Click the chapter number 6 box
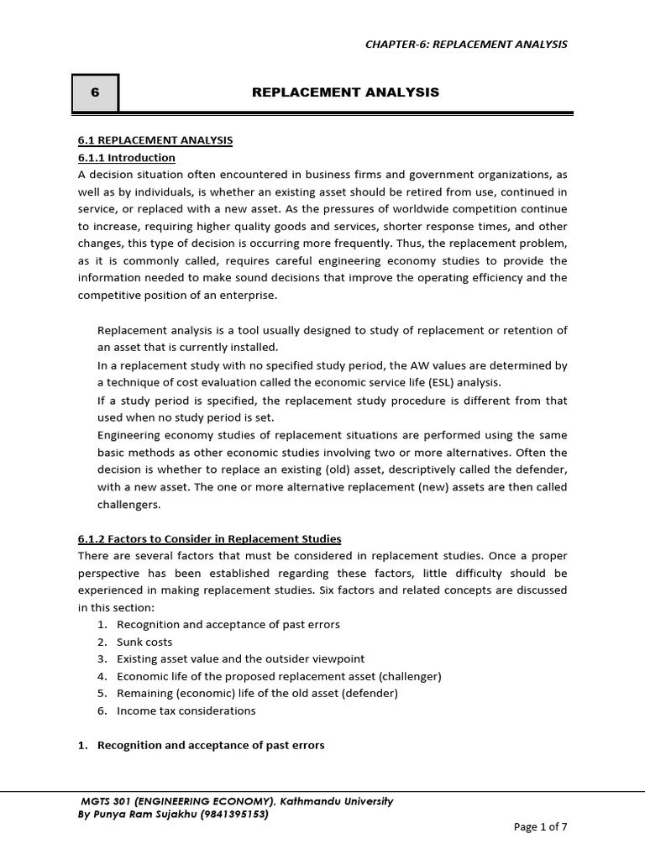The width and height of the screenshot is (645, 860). pyautogui.click(x=95, y=93)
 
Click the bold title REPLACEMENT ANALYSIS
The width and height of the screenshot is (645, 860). pyautogui.click(x=345, y=92)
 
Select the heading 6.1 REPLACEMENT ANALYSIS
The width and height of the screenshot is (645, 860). pyautogui.click(x=155, y=140)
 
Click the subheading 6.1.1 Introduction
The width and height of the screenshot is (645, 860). pyautogui.click(x=127, y=157)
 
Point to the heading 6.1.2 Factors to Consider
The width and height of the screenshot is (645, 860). pyautogui.click(x=210, y=538)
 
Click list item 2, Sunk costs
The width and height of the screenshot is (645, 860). pyautogui.click(x=144, y=642)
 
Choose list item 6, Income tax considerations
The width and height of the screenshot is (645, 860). pyautogui.click(x=186, y=711)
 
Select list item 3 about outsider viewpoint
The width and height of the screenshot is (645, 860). pyautogui.click(x=240, y=659)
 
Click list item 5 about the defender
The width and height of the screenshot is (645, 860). pyautogui.click(x=257, y=693)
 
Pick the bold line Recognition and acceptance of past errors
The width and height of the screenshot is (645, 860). pyautogui.click(x=211, y=745)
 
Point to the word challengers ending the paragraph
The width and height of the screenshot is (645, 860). pyautogui.click(x=128, y=505)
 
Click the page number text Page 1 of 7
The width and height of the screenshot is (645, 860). pyautogui.click(x=540, y=827)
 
